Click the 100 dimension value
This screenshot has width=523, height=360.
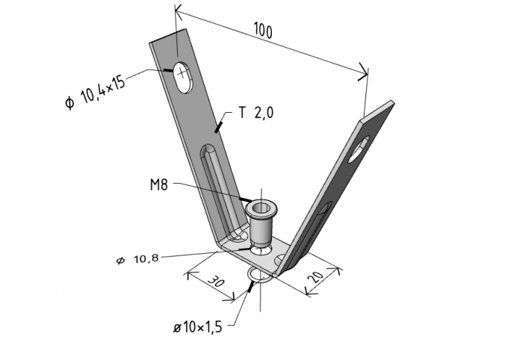point(263,30)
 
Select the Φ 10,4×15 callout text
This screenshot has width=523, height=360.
point(96,91)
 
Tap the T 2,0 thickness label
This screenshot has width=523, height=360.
point(256,113)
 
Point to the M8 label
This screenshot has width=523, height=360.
point(159,184)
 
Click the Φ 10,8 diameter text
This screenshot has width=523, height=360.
point(137,259)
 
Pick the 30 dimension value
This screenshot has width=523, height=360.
point(216,282)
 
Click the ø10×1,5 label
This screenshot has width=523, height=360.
point(197,327)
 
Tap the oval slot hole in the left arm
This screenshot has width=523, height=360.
point(183,77)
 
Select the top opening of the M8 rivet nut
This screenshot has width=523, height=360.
point(261,208)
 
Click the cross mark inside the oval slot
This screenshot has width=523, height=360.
point(182,72)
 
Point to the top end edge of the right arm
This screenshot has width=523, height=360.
point(377,110)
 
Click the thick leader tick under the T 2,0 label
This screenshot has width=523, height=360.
point(218,127)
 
